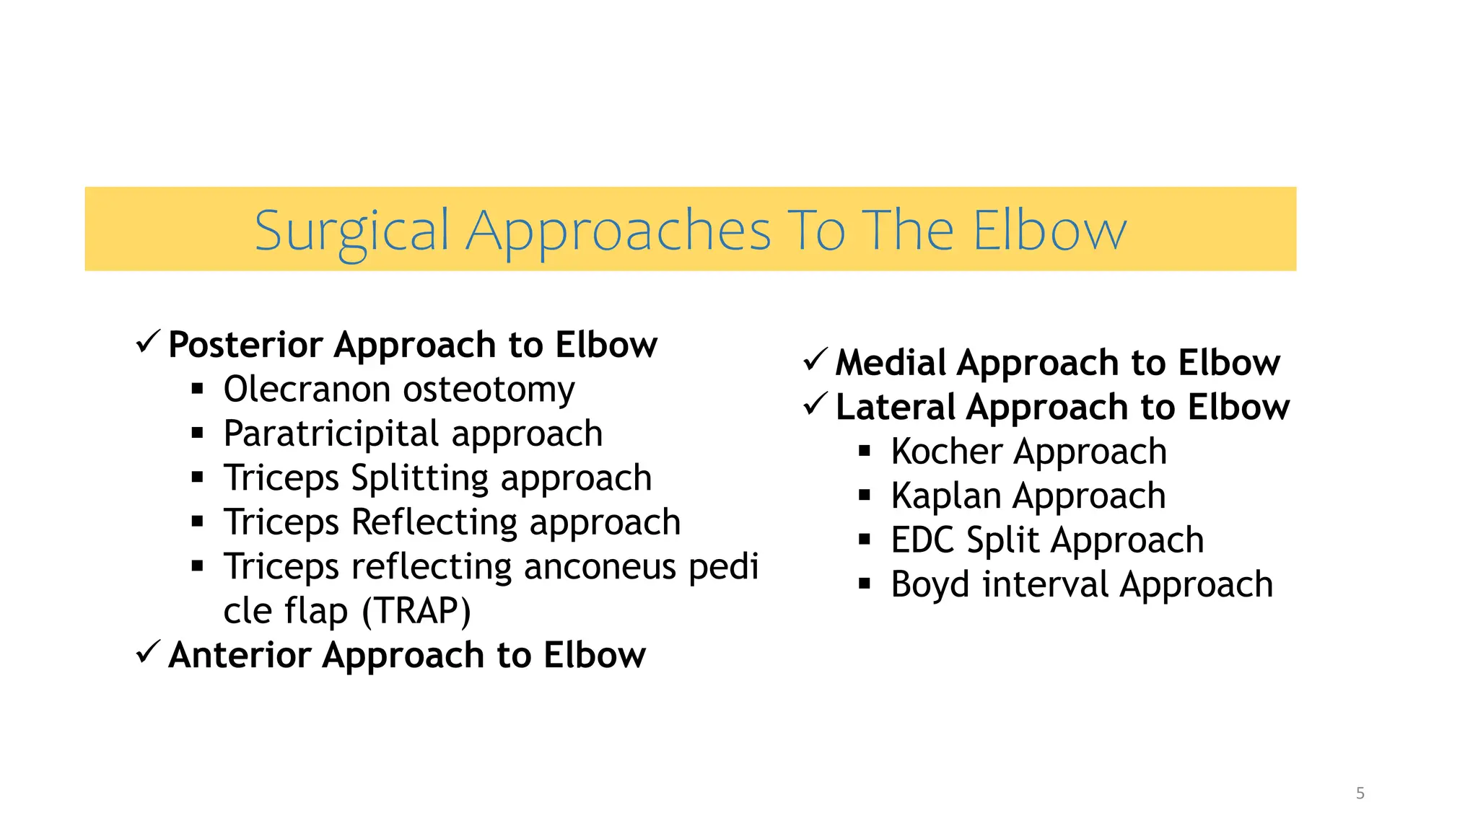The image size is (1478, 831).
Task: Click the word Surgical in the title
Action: (351, 231)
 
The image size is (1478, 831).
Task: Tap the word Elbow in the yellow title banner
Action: (1049, 231)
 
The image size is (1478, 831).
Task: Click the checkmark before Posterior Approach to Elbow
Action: (147, 341)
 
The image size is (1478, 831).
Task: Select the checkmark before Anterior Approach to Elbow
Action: (147, 652)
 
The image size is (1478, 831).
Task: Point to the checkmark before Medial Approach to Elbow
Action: (815, 359)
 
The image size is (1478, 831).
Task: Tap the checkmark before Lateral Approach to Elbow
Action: (815, 404)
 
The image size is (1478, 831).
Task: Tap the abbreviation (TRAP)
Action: (416, 611)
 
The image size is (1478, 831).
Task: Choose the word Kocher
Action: (946, 452)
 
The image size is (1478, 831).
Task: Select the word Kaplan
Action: (945, 496)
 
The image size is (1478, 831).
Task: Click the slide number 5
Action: (1360, 793)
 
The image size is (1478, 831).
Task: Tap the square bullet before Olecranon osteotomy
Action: (198, 390)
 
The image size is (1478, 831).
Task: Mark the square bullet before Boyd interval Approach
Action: (865, 584)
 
